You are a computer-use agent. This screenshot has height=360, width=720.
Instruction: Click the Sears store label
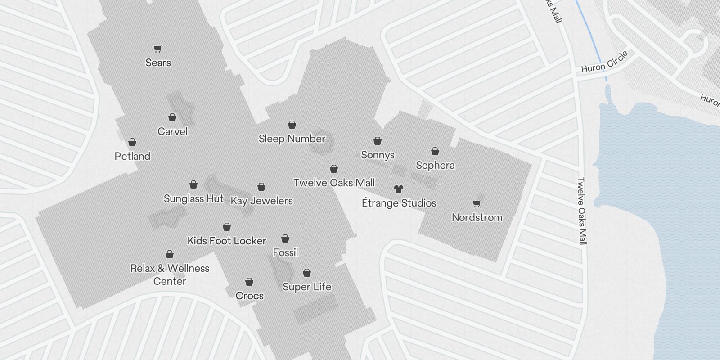coord(158,63)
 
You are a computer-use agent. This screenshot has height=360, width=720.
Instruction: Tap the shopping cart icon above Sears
coord(158,49)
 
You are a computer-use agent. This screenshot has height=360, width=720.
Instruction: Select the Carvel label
coord(172,131)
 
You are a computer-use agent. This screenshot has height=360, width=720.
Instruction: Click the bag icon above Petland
coord(132,143)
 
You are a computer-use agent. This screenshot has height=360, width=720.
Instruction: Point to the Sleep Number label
coord(292,139)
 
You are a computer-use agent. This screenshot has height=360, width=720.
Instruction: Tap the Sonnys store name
coord(378,155)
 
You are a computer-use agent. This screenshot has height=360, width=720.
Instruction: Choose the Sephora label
coord(435,165)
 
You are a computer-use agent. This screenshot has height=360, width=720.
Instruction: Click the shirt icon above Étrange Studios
coord(398,189)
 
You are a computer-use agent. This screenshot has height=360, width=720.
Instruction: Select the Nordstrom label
coord(477,217)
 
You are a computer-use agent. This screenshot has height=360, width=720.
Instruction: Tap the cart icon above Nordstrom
coord(477,203)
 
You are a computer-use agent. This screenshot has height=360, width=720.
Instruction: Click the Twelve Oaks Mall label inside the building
coord(334,183)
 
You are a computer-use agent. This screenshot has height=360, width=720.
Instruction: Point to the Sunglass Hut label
coord(193,198)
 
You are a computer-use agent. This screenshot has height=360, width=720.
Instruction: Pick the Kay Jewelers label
coord(261,201)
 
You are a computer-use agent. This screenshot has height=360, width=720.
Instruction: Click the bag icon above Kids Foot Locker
coord(227,227)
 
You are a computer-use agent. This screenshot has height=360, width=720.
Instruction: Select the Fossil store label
coord(285,252)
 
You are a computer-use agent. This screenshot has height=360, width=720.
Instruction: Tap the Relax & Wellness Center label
coord(170,274)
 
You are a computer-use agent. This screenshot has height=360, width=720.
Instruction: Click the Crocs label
coord(249,296)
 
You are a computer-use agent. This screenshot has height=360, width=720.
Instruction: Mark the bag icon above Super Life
coord(307,273)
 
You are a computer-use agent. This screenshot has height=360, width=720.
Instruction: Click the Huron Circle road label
coord(604,62)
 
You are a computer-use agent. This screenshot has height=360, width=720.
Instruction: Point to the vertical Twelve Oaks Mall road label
coord(583,211)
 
